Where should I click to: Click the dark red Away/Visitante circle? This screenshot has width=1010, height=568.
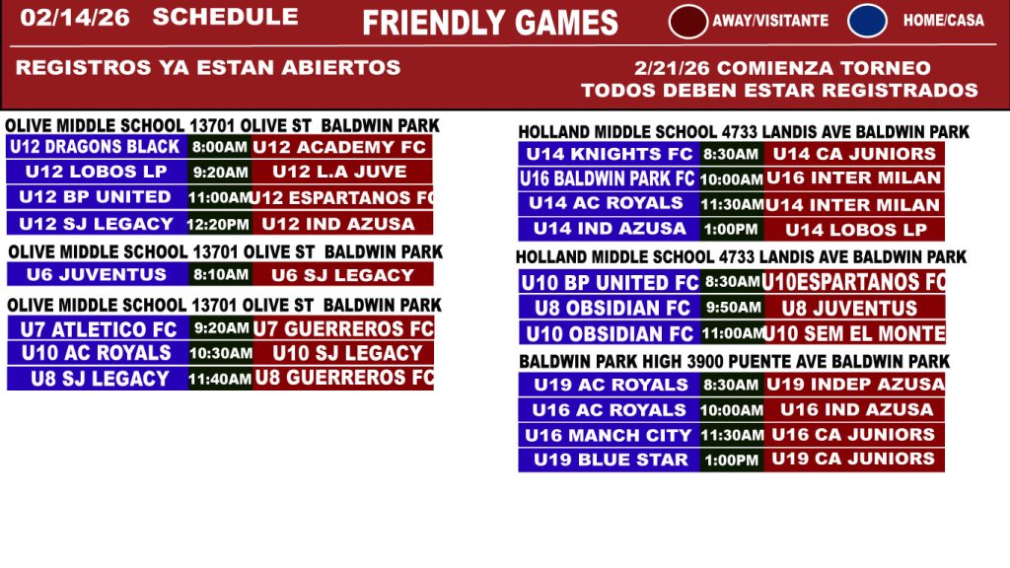[687, 22]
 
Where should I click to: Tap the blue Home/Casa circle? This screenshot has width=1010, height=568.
[867, 21]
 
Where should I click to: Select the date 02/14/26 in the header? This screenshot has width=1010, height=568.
[75, 18]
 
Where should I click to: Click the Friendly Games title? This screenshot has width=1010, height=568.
[490, 24]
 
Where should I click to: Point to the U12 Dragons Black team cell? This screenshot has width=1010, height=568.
[97, 147]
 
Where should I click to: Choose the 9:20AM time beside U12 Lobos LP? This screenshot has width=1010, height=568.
[220, 172]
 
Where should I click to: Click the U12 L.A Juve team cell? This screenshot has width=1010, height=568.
[342, 172]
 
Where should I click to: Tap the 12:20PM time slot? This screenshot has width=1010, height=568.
[219, 224]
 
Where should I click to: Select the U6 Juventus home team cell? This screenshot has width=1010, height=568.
[98, 275]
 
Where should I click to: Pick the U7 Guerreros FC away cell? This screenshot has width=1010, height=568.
[343, 328]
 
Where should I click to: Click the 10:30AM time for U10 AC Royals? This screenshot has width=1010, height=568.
[221, 353]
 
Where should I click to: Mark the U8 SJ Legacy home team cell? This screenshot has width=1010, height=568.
[98, 379]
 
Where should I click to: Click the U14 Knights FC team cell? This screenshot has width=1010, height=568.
[610, 154]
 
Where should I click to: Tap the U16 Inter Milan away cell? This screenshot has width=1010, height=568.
[854, 178]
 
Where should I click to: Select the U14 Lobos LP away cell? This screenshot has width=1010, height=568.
[854, 229]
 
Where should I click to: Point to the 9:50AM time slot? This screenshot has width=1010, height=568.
[733, 308]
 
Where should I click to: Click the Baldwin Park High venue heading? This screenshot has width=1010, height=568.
[734, 361]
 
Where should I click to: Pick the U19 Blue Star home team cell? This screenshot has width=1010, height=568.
[610, 460]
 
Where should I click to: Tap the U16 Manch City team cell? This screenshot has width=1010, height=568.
[610, 435]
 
